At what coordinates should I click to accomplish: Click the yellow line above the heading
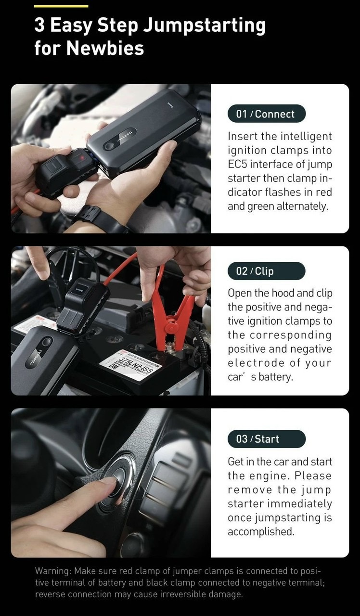click(61, 6)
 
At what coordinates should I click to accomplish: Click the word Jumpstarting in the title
click(205, 26)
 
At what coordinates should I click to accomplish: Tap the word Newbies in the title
click(105, 48)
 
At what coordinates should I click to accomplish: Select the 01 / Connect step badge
click(267, 114)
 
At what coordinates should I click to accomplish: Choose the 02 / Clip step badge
click(267, 271)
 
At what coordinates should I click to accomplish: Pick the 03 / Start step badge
click(267, 439)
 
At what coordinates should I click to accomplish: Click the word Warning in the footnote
click(53, 571)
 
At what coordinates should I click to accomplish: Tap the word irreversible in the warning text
click(182, 594)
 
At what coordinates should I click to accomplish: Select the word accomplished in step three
click(261, 532)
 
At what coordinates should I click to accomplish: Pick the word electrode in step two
click(256, 363)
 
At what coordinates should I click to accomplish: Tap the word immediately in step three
click(300, 504)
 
